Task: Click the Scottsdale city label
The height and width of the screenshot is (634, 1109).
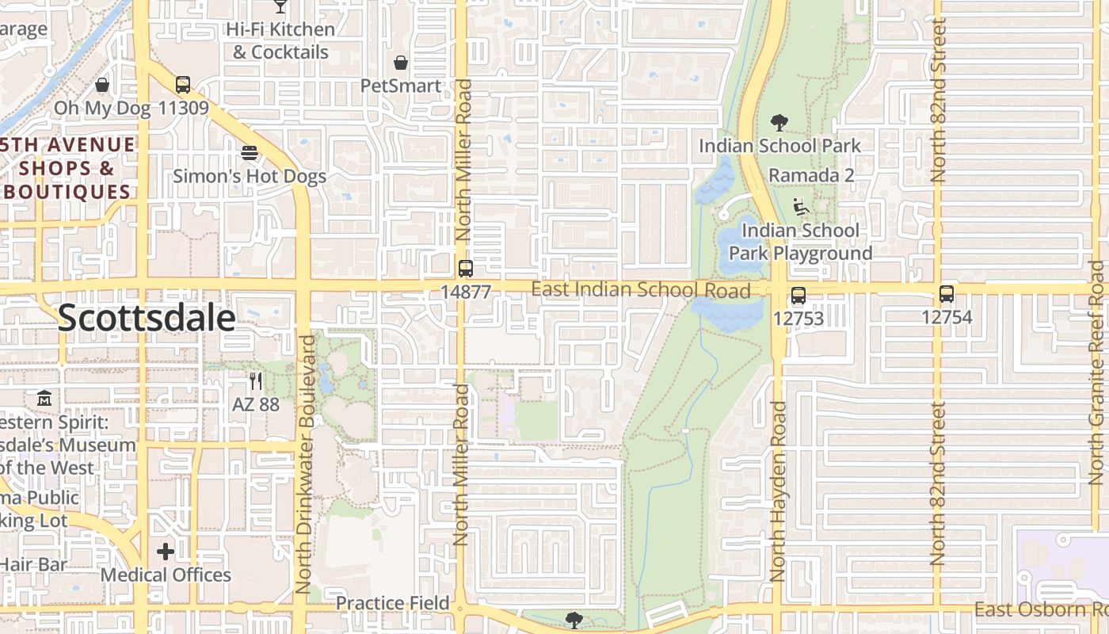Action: pyautogui.click(x=147, y=318)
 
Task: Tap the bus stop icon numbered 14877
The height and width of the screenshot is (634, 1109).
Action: pyautogui.click(x=466, y=268)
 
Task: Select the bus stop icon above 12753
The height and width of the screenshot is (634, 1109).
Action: pyautogui.click(x=798, y=296)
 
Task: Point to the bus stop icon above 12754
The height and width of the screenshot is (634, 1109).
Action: pyautogui.click(x=946, y=294)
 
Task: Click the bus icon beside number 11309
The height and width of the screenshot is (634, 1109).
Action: pyautogui.click(x=183, y=85)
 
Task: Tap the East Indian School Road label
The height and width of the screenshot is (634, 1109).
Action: pyautogui.click(x=640, y=290)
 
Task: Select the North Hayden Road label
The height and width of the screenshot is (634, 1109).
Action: pyautogui.click(x=779, y=491)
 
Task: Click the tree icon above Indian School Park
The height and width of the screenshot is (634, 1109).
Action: pyautogui.click(x=779, y=123)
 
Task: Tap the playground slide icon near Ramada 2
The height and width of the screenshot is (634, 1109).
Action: pyautogui.click(x=801, y=207)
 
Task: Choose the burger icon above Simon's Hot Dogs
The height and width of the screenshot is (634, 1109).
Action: pyautogui.click(x=250, y=152)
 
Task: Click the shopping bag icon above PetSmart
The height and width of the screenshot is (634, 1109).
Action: pyautogui.click(x=401, y=63)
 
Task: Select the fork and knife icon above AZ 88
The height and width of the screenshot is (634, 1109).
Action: pyautogui.click(x=255, y=381)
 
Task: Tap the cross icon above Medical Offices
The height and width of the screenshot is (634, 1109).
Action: pyautogui.click(x=166, y=551)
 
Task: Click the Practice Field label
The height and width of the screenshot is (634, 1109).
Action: pyautogui.click(x=392, y=603)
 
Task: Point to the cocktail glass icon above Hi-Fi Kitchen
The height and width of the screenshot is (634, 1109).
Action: pyautogui.click(x=280, y=6)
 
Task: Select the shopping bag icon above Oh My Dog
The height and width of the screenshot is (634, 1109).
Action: pyautogui.click(x=102, y=85)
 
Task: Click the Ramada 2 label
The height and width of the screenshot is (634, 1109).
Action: pyautogui.click(x=811, y=175)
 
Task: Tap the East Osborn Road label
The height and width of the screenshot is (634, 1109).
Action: pyautogui.click(x=1040, y=609)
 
